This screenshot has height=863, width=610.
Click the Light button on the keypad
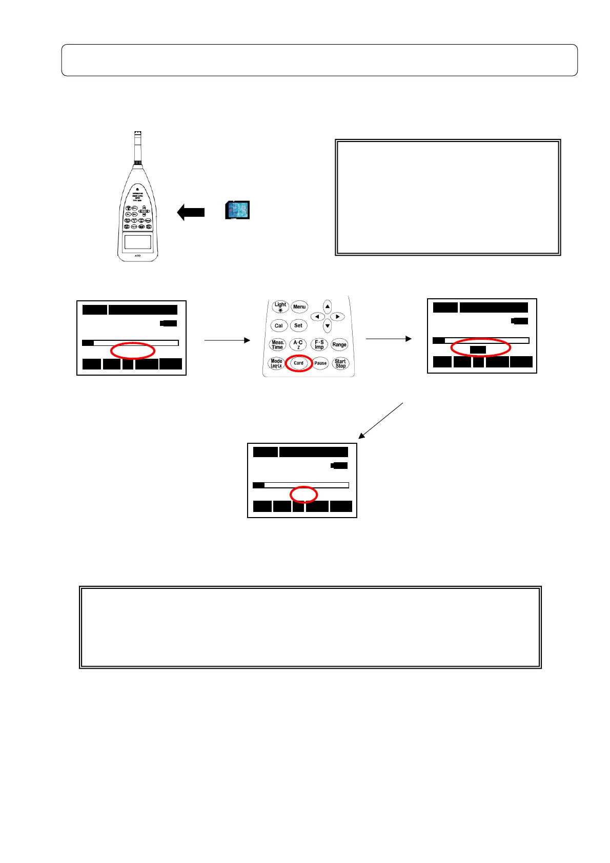(280, 306)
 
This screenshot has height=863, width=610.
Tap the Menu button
(299, 307)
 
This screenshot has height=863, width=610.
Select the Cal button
(278, 325)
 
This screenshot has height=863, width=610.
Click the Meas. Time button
(277, 344)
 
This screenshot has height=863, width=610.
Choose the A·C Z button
(298, 344)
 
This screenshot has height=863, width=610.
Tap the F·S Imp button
(319, 344)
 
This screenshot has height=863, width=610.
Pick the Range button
(339, 344)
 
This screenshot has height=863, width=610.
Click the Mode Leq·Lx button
(276, 363)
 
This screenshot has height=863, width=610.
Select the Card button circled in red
(298, 363)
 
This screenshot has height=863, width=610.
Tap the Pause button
(320, 363)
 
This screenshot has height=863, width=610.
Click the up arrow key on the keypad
(328, 307)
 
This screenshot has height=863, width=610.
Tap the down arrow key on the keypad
(328, 326)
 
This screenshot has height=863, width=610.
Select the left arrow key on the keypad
(317, 317)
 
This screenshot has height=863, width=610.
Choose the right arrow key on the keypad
(337, 317)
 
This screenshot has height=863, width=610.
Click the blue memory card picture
(237, 210)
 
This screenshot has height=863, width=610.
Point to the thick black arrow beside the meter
(191, 212)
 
